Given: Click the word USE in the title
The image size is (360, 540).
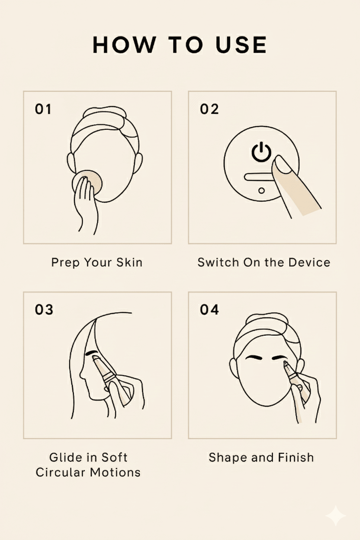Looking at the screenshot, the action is pos(241,45).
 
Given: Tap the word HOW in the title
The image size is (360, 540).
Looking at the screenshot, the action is pos(124,45).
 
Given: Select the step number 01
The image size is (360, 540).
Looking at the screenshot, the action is pos(43,109).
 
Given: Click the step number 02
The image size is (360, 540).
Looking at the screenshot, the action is pos(209,109).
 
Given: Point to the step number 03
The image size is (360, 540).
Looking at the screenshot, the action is pos(44,309).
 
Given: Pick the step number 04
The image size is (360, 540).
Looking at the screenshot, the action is pos(209,309).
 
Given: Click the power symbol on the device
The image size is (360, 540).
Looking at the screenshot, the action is pos(261,152).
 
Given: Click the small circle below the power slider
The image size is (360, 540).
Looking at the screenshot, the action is pos(262,191).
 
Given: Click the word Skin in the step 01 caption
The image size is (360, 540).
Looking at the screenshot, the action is pos(129,262).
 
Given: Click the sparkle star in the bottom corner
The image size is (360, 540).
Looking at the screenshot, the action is pos(336,516).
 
